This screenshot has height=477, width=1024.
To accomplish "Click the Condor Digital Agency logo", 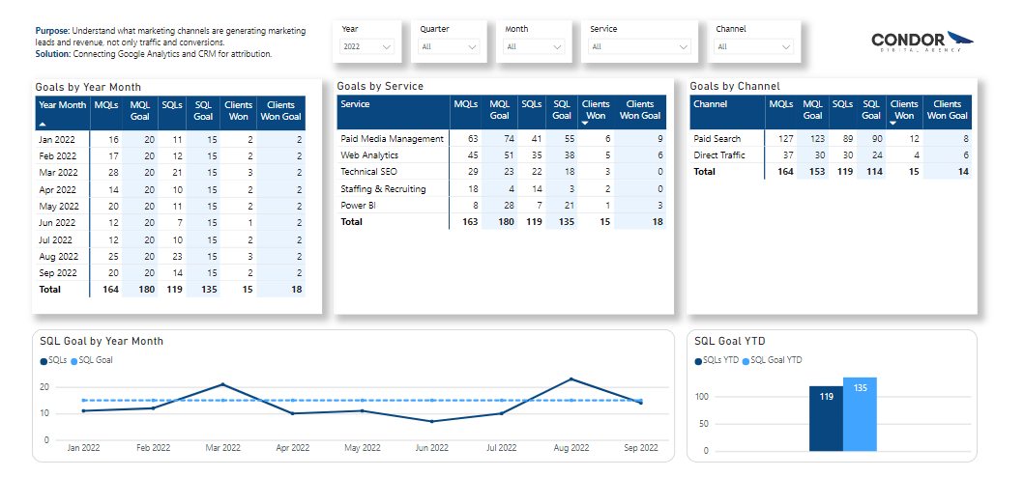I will [x=922, y=42].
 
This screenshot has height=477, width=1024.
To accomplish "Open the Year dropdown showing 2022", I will [x=366, y=46].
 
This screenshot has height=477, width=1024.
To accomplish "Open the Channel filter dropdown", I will [x=754, y=46].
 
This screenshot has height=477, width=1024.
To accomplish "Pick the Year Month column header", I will [x=62, y=105].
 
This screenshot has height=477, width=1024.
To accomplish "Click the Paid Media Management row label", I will [x=392, y=139].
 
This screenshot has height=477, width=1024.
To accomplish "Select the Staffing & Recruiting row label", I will [x=383, y=189].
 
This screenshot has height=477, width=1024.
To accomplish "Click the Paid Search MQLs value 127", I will [x=785, y=139].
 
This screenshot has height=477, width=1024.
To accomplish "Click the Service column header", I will [x=356, y=104].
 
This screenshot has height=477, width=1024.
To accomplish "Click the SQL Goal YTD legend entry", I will [x=775, y=360].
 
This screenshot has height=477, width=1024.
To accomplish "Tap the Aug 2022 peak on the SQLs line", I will [x=571, y=379].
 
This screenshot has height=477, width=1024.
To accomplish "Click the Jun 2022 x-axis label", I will [x=432, y=448].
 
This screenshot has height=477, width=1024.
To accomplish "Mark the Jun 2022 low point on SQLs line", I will [x=432, y=421].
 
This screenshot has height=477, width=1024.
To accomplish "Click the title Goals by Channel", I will [x=736, y=86].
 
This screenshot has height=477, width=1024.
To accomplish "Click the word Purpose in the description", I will [x=54, y=32].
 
